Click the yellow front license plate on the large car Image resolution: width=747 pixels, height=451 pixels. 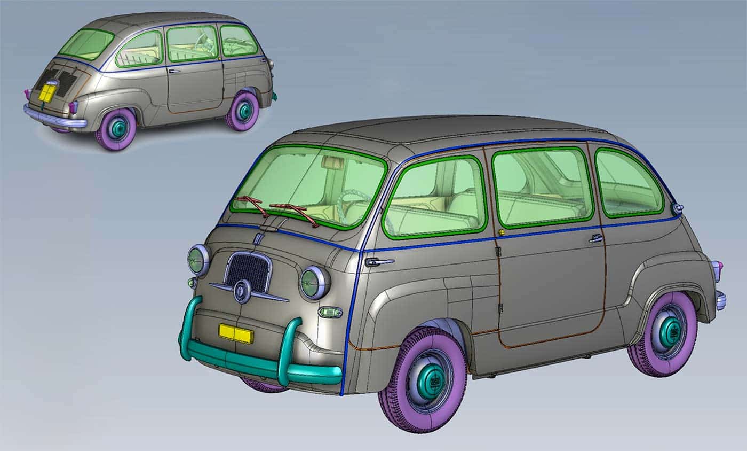coord(235,333)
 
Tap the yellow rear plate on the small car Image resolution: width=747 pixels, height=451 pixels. coord(47,94)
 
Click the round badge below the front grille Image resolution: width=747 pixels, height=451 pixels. coord(242,291)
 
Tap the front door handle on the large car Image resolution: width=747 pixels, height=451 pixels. coord(379,262)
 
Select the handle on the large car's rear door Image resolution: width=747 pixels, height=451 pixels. coord(596,238)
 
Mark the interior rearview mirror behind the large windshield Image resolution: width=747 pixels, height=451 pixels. coord(333,162)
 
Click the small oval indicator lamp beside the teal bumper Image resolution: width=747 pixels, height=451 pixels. coord(330,312)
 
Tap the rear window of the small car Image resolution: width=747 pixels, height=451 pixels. coord(85,44)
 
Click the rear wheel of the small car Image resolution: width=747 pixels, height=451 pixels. coord(116,128)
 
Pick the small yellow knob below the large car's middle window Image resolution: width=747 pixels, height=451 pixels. coord(502,232)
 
